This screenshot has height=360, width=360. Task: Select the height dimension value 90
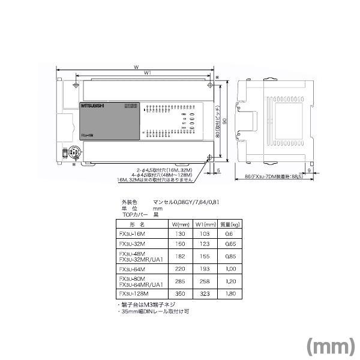click(225, 120)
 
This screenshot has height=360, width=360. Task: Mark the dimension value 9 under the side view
click(308, 171)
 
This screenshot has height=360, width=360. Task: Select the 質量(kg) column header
click(229, 224)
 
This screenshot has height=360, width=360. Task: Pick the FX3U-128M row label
click(133, 294)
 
